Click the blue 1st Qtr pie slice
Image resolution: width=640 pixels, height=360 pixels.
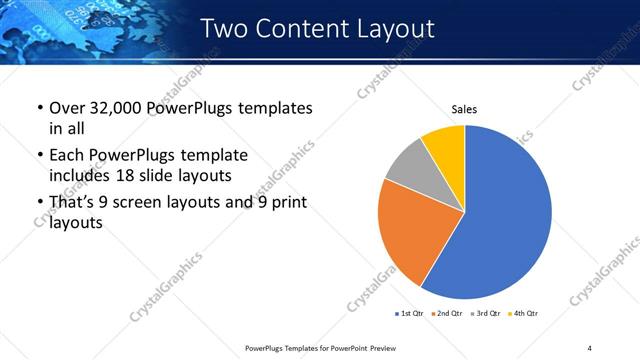505,215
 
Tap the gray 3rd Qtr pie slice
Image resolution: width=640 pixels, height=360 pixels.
410,167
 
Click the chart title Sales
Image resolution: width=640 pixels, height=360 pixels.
465,107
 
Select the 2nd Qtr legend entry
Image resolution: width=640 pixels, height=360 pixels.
445,314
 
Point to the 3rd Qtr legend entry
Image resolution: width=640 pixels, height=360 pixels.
483,314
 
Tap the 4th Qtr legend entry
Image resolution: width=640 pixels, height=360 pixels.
522,314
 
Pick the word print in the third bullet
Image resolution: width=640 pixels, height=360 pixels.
289,203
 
